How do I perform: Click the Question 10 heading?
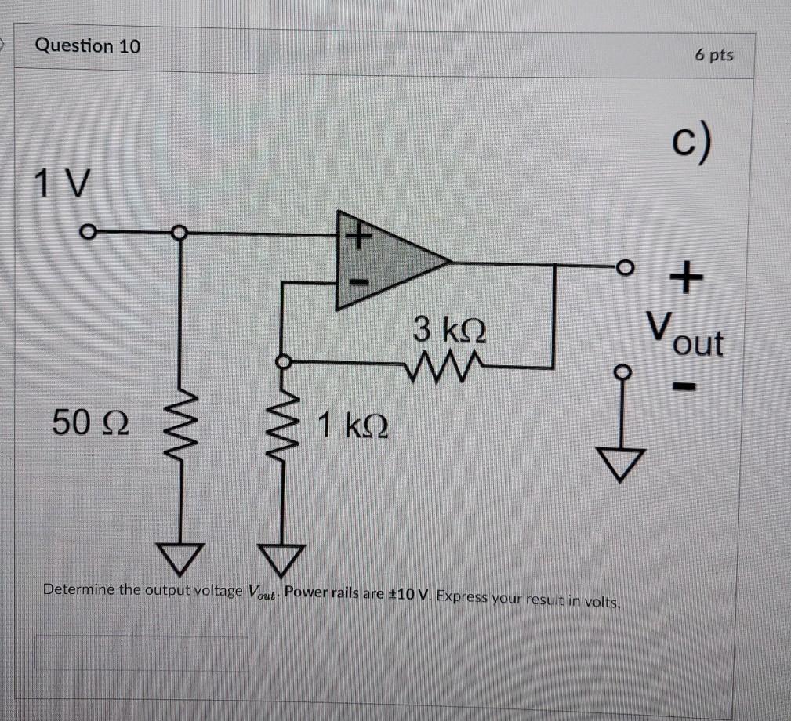pos(88,46)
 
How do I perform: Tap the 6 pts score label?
pos(713,55)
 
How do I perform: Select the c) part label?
pos(693,147)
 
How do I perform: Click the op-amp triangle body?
pos(384,260)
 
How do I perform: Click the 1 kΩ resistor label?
pos(352,427)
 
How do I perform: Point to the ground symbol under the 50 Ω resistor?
pos(182,556)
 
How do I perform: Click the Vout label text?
pos(684,334)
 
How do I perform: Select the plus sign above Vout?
pos(685,278)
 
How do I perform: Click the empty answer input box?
pos(141,652)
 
